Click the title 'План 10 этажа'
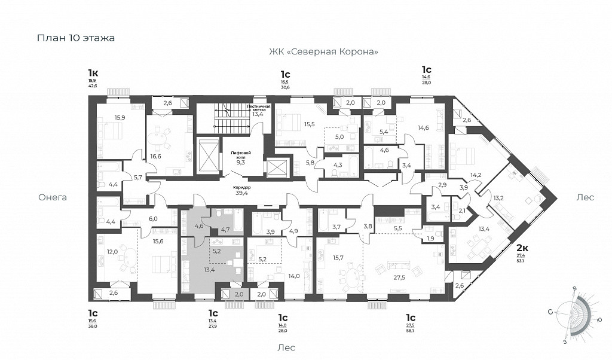(76, 38)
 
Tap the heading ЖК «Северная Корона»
(323, 52)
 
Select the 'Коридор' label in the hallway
(241, 187)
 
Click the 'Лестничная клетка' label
(259, 108)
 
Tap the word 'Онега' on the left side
(53, 197)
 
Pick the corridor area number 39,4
(241, 193)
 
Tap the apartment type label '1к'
(93, 73)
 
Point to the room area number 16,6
(157, 157)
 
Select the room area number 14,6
(423, 127)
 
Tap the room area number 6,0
(153, 219)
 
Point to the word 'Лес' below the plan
(286, 347)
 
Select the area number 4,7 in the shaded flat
(225, 228)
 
